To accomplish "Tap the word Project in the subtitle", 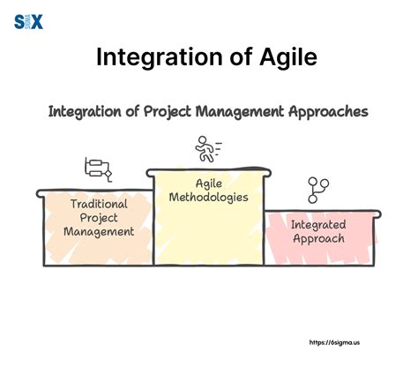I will coord(177,113).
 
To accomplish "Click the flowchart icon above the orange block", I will coord(97,168).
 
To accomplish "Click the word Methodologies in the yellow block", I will coord(208,197).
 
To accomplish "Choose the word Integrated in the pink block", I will coord(319,224).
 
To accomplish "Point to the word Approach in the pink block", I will coord(319,238).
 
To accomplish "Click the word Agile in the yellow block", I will coord(209,183).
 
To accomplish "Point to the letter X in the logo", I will coord(36,20).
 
